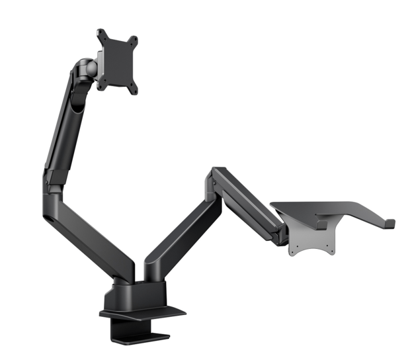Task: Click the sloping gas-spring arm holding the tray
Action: (248, 202)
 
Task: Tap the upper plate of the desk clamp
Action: (142, 312)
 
